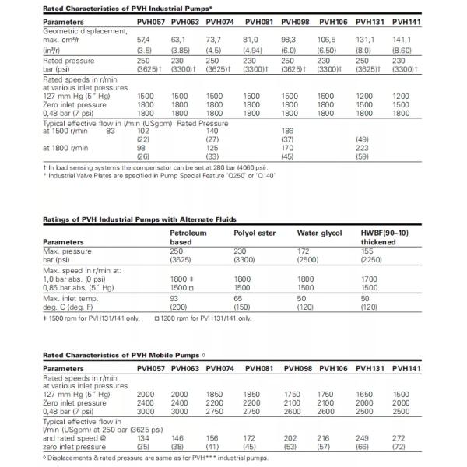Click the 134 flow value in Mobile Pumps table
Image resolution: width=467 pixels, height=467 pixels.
click(143, 437)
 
